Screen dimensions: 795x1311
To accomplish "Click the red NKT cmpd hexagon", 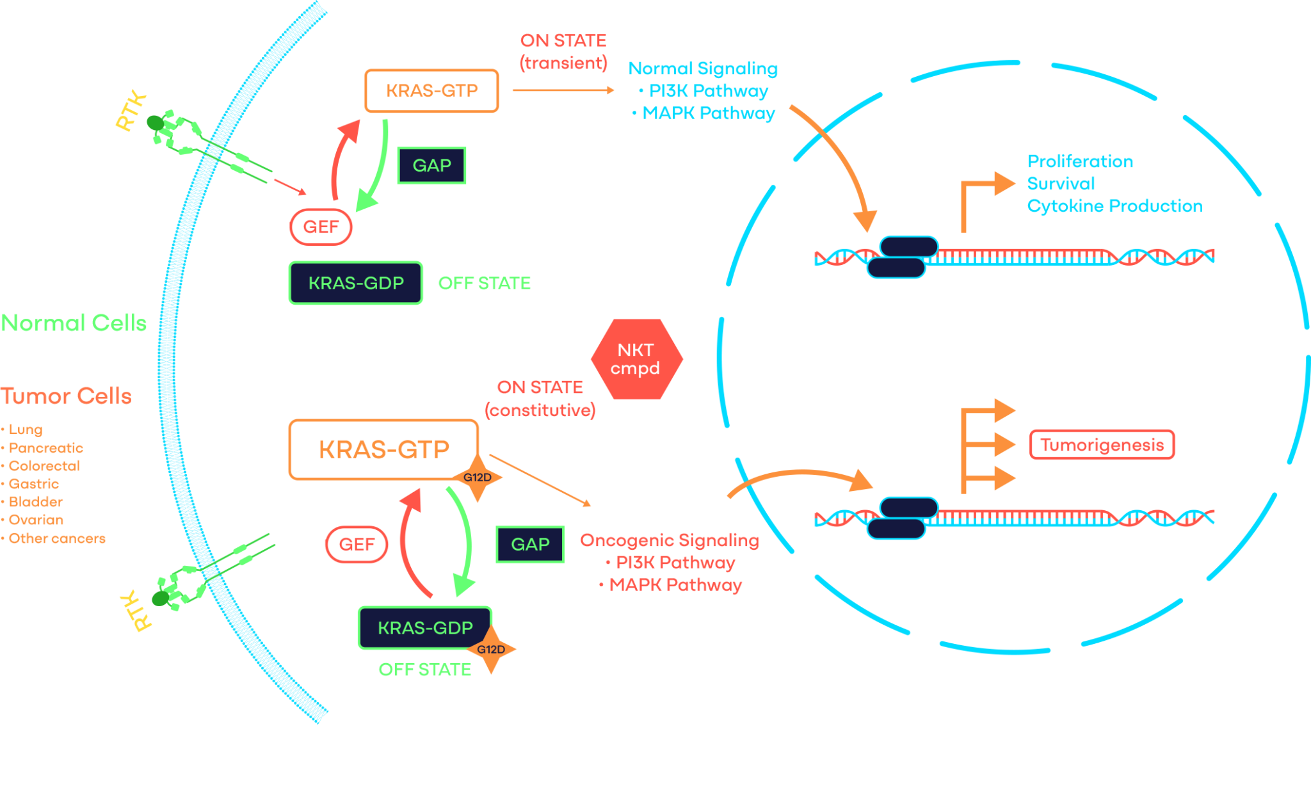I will [636, 359].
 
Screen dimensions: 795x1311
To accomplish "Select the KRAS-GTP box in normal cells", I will [431, 91].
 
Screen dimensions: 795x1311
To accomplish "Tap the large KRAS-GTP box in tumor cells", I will [383, 449].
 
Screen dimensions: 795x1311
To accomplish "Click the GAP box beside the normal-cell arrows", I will [431, 166].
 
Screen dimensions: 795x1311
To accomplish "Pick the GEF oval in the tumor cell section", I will [357, 545].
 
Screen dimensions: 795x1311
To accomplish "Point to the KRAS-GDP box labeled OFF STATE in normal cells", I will [356, 283].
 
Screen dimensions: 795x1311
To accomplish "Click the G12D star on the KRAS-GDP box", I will [491, 649].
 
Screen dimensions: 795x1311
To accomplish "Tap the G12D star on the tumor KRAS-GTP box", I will [478, 478].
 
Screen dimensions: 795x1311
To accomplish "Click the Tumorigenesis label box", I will [1102, 445].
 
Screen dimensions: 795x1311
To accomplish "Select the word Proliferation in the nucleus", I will [1080, 161].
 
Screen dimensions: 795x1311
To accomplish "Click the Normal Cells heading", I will [74, 323].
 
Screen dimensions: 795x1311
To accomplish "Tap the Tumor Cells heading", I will [66, 396].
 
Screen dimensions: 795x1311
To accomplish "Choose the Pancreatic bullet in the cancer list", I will [45, 448].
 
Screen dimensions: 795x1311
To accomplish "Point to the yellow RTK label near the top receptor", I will [131, 112].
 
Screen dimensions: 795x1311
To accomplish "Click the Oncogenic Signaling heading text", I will [669, 541].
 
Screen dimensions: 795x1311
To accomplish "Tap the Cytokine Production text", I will [1114, 206].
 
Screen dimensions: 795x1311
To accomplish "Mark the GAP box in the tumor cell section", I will [530, 545].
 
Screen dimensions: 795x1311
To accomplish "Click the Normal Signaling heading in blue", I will [703, 68].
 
